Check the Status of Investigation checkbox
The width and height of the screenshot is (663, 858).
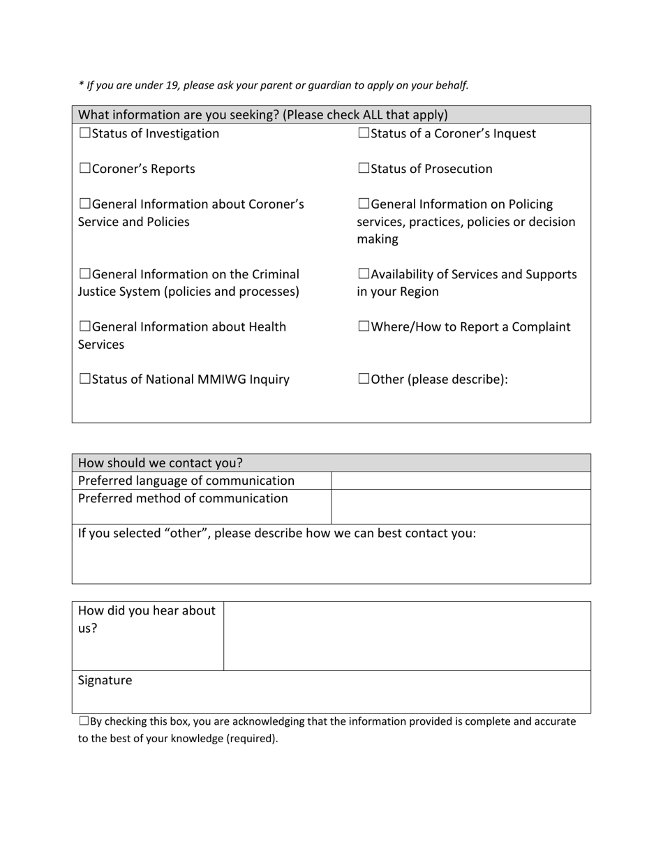84,133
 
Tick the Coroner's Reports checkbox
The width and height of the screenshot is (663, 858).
84,169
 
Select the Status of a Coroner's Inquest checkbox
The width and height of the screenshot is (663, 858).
364,133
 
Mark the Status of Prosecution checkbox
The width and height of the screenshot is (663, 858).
364,169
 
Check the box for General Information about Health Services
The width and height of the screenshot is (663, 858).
84,326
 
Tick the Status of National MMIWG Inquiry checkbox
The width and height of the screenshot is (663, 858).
84,379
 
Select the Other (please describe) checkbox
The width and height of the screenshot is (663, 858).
364,379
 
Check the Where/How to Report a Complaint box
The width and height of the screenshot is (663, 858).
364,326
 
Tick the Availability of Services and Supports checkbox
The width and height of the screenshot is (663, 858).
364,274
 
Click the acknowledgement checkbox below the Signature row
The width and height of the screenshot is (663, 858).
84,721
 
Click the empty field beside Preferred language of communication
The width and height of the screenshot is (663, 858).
461,481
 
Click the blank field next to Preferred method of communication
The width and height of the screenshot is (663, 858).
461,506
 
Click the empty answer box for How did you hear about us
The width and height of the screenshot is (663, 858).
407,635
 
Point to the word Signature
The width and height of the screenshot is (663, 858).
105,680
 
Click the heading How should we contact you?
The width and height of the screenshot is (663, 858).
161,463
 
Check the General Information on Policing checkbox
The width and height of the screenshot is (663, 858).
364,204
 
